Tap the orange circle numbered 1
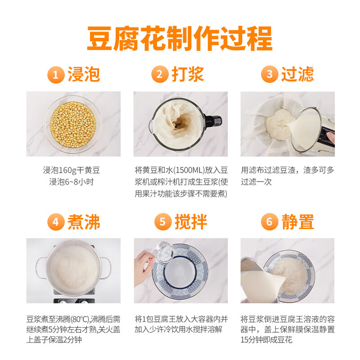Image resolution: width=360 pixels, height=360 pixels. coord(56,75)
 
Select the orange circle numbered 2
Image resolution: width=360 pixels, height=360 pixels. coord(160,75)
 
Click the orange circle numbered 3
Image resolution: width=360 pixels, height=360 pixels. coord(269,75)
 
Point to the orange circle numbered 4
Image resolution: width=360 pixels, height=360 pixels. coord(56,222)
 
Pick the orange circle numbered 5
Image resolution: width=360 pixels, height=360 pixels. coord(162,222)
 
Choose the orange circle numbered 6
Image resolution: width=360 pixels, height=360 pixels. coord(269,222)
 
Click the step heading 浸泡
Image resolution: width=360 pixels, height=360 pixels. coord(84,74)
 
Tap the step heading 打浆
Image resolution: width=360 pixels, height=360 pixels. coord(188,74)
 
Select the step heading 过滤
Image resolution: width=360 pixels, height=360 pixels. coord(297,74)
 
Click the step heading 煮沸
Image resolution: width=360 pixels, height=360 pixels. coord(84,222)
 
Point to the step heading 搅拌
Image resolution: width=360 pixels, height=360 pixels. coord(191,222)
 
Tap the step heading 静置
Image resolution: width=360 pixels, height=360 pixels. coord(297,222)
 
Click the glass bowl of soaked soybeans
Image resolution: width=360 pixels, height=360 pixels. coord(73,124)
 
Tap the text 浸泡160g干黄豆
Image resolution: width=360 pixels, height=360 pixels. coord(71,171)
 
